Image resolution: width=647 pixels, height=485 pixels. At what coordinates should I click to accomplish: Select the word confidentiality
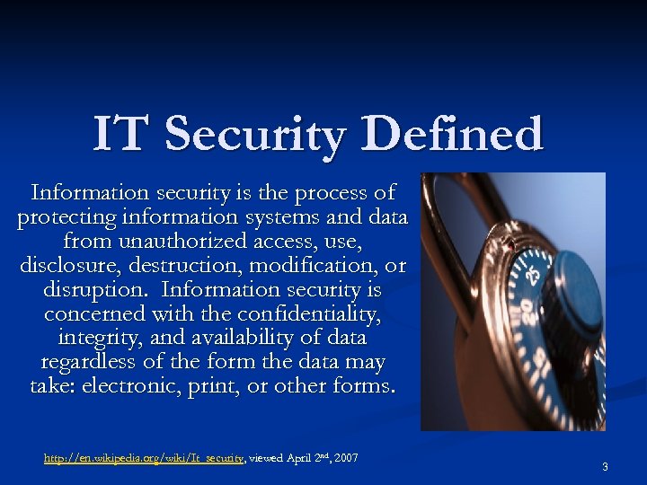[x=306, y=314]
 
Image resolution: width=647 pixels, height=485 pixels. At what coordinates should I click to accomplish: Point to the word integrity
[x=98, y=339]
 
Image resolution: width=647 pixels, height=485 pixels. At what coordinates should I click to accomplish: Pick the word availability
[x=238, y=339]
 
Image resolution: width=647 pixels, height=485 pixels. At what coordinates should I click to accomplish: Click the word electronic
[x=139, y=387]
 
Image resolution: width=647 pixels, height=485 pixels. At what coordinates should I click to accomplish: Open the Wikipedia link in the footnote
[x=144, y=459]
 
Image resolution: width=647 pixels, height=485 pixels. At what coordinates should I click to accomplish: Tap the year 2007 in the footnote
[x=345, y=459]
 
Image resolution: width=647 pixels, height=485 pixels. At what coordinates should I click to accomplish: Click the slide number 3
[x=606, y=467]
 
